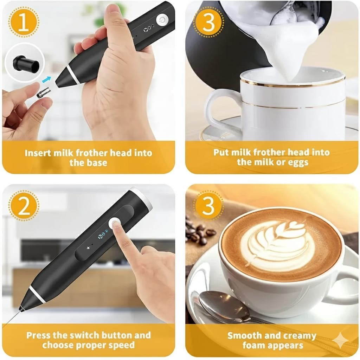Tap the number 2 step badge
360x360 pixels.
coord(24,206)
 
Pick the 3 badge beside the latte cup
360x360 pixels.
coord(208,206)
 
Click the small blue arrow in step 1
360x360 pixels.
coord(46,79)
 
